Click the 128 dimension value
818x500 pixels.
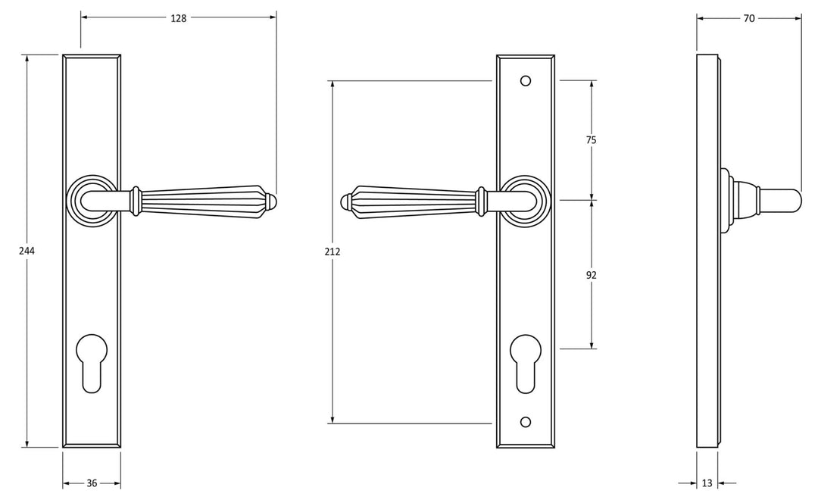179,18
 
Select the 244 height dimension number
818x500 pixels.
27,251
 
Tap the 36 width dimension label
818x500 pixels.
92,483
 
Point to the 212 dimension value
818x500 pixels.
333,252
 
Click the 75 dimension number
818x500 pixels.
591,140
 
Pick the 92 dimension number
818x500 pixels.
591,275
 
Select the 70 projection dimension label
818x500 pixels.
748,18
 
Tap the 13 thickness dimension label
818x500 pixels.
707,483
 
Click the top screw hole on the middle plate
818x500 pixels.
526,81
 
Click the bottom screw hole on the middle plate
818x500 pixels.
526,422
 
